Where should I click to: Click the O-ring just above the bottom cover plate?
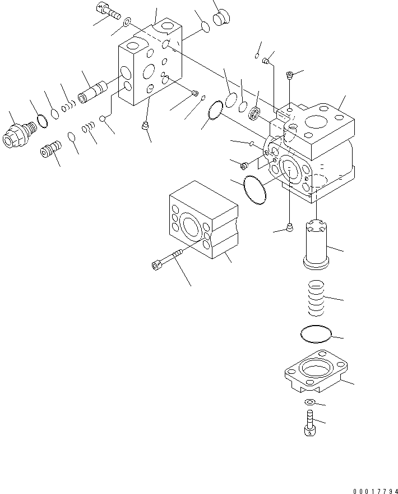[x=315, y=334]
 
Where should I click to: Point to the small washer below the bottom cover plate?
[x=310, y=402]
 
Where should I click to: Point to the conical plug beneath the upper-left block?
[x=145, y=126]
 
